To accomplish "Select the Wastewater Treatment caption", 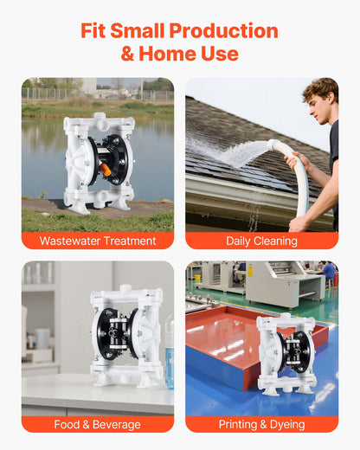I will (98, 241).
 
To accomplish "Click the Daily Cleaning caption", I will (261, 241).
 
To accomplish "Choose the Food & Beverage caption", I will (98, 425).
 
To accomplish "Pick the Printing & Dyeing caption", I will (261, 425).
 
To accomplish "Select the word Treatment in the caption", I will (128, 241).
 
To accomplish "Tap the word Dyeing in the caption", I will (286, 425).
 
